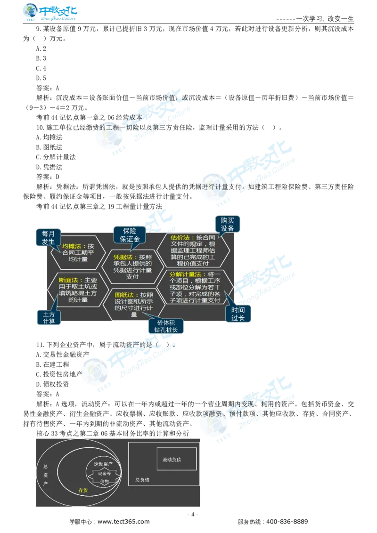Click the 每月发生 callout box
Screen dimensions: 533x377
click(x=48, y=238)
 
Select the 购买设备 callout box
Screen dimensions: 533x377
click(x=227, y=224)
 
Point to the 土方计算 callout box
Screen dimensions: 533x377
click(x=49, y=317)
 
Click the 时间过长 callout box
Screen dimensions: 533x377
click(x=238, y=314)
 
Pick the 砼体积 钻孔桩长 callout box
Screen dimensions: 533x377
click(x=165, y=326)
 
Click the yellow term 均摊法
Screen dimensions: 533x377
click(x=71, y=246)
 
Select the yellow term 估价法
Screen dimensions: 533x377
click(x=180, y=237)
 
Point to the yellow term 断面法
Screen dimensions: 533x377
click(x=67, y=280)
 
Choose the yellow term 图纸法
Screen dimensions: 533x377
click(x=124, y=295)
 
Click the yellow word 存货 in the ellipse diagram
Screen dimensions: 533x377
click(x=83, y=490)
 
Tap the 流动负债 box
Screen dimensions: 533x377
click(x=176, y=459)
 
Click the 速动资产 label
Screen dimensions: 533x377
click(x=103, y=464)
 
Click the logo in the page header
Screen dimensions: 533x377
click(x=50, y=13)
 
